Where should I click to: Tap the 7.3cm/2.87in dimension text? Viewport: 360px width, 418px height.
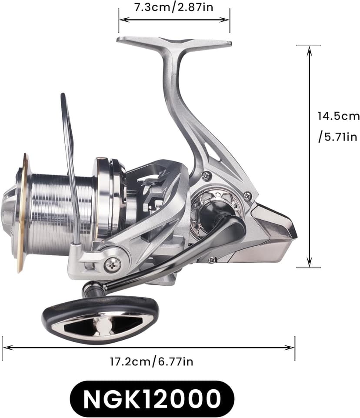(174, 7)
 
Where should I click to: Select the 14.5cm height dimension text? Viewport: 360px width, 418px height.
(338, 116)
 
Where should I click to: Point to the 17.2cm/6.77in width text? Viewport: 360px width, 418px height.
(152, 361)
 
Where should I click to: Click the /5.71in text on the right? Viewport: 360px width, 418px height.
(338, 137)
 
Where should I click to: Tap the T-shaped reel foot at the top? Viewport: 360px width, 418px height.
(174, 42)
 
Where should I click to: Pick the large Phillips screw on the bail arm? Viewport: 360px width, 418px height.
(112, 264)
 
